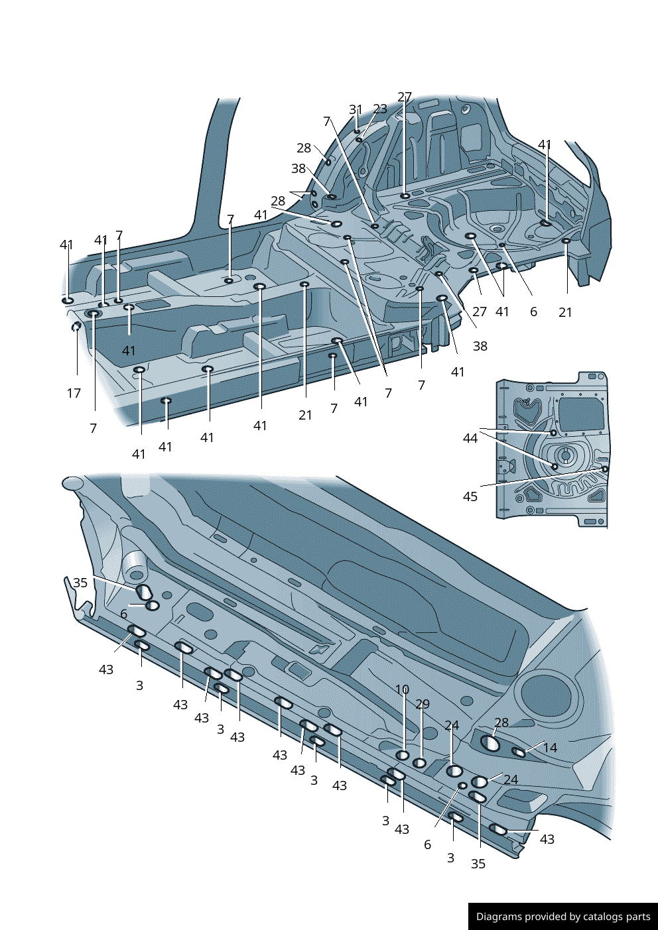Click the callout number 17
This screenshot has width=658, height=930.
tap(74, 393)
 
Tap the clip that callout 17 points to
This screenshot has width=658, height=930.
tap(76, 326)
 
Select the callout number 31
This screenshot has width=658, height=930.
tap(356, 109)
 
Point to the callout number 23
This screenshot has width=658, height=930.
tap(379, 109)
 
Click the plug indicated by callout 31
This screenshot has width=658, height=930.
tap(357, 132)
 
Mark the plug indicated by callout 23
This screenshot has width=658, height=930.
tap(359, 140)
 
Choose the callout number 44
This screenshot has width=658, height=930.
tap(470, 438)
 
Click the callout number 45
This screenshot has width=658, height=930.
tap(470, 496)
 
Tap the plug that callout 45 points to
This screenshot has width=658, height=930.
tap(605, 469)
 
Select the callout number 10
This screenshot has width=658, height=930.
tap(402, 689)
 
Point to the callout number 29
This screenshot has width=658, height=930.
tap(423, 704)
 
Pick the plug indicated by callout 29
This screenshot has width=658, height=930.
tap(420, 763)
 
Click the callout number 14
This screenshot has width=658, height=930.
tap(550, 748)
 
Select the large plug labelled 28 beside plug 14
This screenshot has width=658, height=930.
tap(490, 743)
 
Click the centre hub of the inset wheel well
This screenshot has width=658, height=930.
tap(564, 455)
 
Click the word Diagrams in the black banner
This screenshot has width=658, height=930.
tap(499, 917)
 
